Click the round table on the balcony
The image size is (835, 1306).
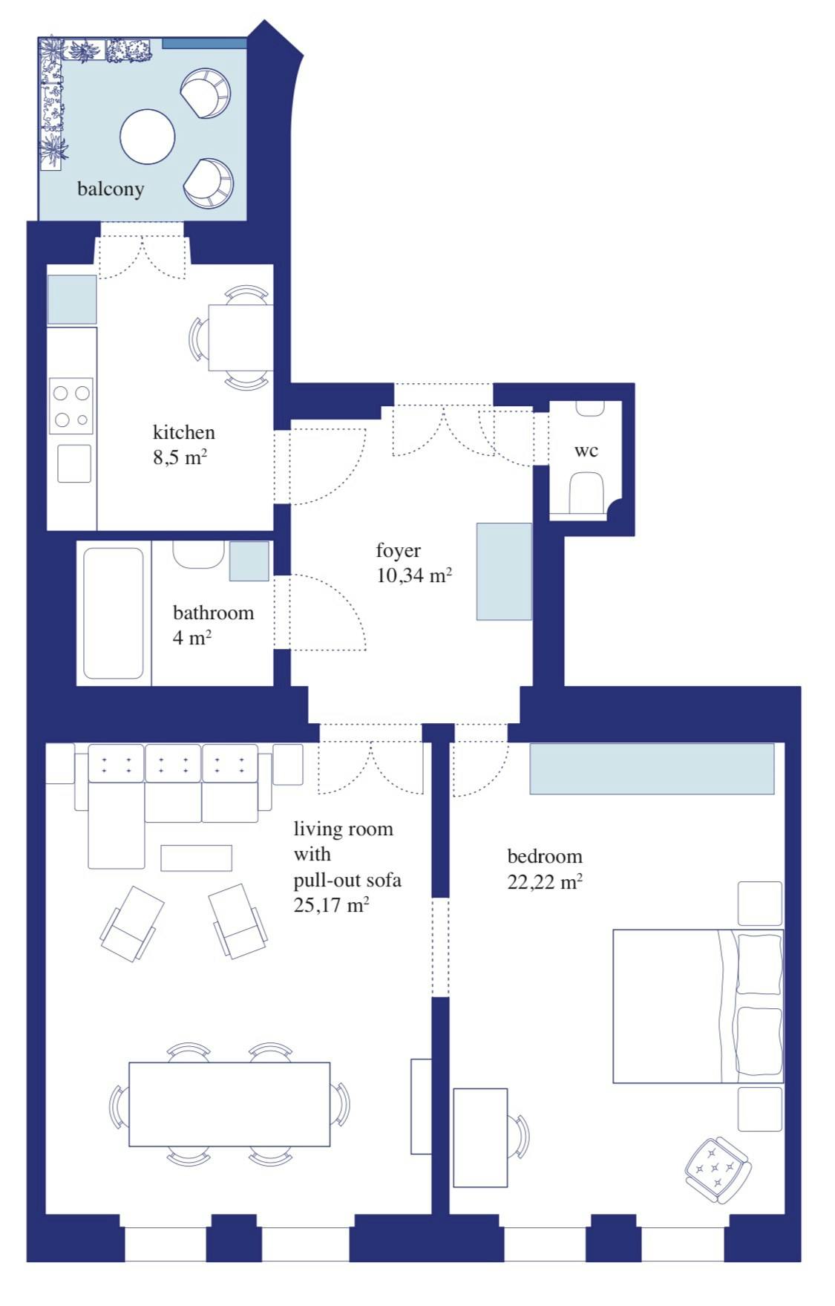(147, 137)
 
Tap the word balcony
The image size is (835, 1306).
(111, 189)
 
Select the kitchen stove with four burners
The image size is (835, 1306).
(71, 405)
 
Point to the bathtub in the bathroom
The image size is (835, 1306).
(113, 613)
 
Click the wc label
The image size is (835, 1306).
(586, 451)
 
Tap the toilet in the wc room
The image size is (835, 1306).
(586, 493)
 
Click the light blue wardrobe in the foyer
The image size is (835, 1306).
(504, 571)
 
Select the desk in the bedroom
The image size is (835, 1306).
(480, 1137)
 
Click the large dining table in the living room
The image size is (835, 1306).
(229, 1104)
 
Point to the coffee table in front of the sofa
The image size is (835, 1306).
(197, 858)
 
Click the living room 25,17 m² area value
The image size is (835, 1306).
(331, 905)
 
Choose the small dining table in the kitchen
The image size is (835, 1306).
(240, 338)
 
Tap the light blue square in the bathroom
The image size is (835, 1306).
(249, 561)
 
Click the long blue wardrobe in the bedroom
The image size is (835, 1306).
(652, 768)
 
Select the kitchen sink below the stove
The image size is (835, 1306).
(74, 464)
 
